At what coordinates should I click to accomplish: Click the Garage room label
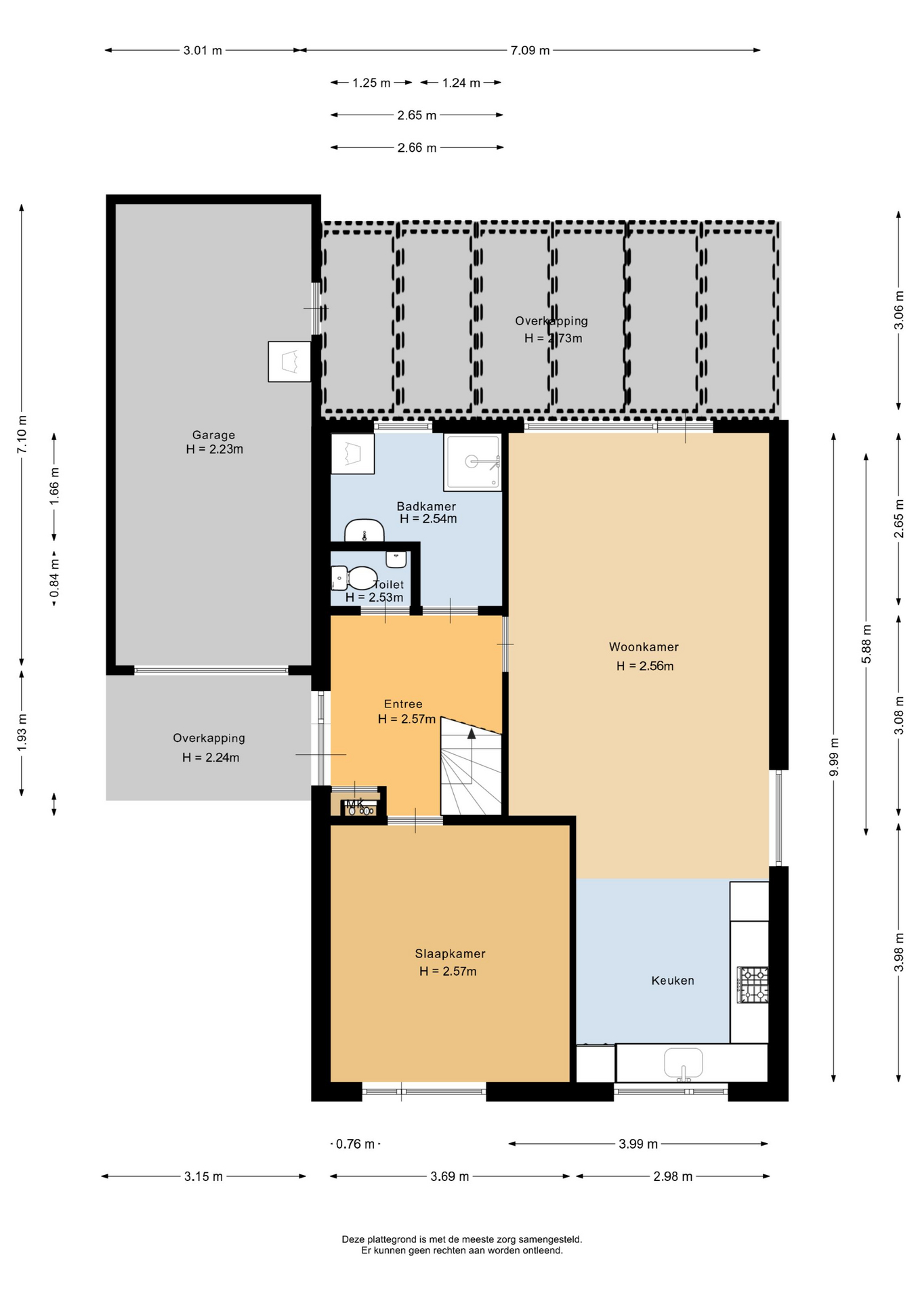pos(213,435)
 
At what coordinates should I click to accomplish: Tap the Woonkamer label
pos(644,647)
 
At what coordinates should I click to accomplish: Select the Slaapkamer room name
pos(450,953)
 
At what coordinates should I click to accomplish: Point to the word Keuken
pos(673,980)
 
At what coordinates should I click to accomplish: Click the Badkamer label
pos(426,506)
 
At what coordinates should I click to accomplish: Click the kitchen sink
pos(684,1062)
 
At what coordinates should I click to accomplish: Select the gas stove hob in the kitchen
pos(753,985)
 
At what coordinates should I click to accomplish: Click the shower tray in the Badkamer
pos(473,462)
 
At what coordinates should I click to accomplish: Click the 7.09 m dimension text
pos(530,50)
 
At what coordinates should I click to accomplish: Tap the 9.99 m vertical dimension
pos(834,757)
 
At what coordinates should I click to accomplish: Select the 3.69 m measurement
pos(450,1176)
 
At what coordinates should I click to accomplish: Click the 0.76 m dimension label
pos(356,1144)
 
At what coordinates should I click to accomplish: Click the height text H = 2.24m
pos(211,758)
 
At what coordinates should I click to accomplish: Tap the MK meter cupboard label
pos(355,804)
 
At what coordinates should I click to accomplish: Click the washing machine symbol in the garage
pos(289,362)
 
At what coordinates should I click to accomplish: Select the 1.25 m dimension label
pos(371,83)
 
